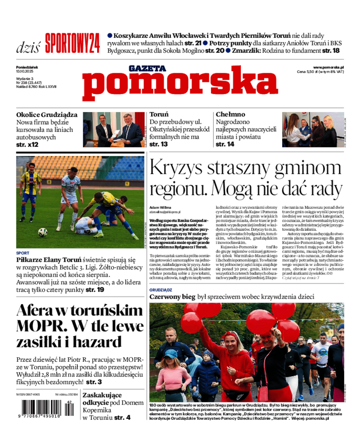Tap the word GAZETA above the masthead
click(x=147, y=68)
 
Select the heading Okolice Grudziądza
click(x=47, y=115)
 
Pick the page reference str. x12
click(x=27, y=145)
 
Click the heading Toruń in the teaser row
click(x=159, y=115)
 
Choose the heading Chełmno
click(x=230, y=115)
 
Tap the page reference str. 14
click(x=225, y=144)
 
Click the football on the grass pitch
click(x=43, y=232)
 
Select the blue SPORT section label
click(x=22, y=253)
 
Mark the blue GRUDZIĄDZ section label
click(x=161, y=290)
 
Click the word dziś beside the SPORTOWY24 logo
click(x=28, y=46)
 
